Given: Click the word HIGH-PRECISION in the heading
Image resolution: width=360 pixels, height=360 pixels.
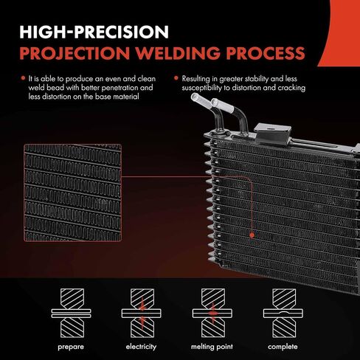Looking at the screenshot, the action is [94, 32].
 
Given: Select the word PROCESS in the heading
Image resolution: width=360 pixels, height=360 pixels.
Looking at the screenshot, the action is [266, 53].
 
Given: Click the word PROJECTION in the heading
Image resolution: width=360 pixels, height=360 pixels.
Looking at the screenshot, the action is [75, 53].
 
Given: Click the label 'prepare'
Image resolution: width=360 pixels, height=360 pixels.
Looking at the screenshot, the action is [71, 347].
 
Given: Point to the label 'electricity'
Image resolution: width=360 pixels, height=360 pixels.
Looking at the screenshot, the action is [141, 347].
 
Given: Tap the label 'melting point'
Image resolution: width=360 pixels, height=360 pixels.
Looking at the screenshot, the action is [212, 347].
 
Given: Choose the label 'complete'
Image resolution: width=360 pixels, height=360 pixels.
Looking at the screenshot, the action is [283, 347].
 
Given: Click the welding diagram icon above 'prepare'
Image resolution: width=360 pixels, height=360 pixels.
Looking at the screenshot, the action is [71, 313].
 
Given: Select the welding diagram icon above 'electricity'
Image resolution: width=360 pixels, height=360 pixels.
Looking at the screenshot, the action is [142, 313].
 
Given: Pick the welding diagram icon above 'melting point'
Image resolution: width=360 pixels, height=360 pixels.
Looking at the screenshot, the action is [212, 313].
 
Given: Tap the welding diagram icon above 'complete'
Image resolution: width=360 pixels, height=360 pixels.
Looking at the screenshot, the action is [283, 313].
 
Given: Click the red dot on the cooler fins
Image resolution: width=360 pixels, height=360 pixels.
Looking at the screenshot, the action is [252, 235].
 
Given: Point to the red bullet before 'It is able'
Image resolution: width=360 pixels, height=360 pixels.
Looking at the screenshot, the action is [24, 78].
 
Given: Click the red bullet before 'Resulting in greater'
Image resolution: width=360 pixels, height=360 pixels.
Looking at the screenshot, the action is [176, 78].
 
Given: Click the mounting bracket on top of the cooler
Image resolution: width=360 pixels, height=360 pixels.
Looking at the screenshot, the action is [272, 133].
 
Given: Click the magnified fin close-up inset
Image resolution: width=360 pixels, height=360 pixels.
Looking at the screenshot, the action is [73, 193].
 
